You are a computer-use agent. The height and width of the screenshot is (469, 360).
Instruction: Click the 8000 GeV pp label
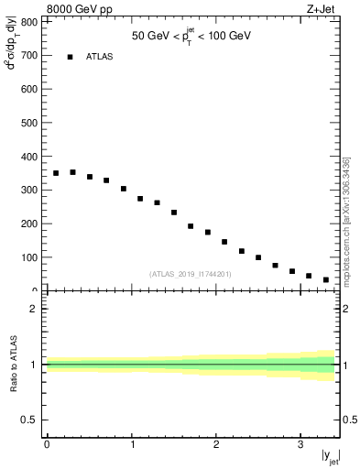[80, 9]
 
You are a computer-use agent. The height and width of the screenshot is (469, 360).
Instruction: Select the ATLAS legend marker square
[70, 57]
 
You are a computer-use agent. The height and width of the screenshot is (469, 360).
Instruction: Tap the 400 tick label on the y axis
[30, 157]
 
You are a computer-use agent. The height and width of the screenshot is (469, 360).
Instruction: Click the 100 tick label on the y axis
[30, 257]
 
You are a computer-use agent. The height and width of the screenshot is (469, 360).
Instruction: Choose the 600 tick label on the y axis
[30, 90]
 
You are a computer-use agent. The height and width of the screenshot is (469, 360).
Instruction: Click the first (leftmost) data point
[56, 173]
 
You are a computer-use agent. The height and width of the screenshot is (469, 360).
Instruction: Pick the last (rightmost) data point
[325, 279]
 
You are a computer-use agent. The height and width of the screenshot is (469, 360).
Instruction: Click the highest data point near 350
[72, 172]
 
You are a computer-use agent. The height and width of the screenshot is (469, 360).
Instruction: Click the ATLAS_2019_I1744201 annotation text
[191, 274]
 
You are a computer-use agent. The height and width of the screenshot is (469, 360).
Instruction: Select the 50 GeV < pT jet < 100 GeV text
[191, 37]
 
